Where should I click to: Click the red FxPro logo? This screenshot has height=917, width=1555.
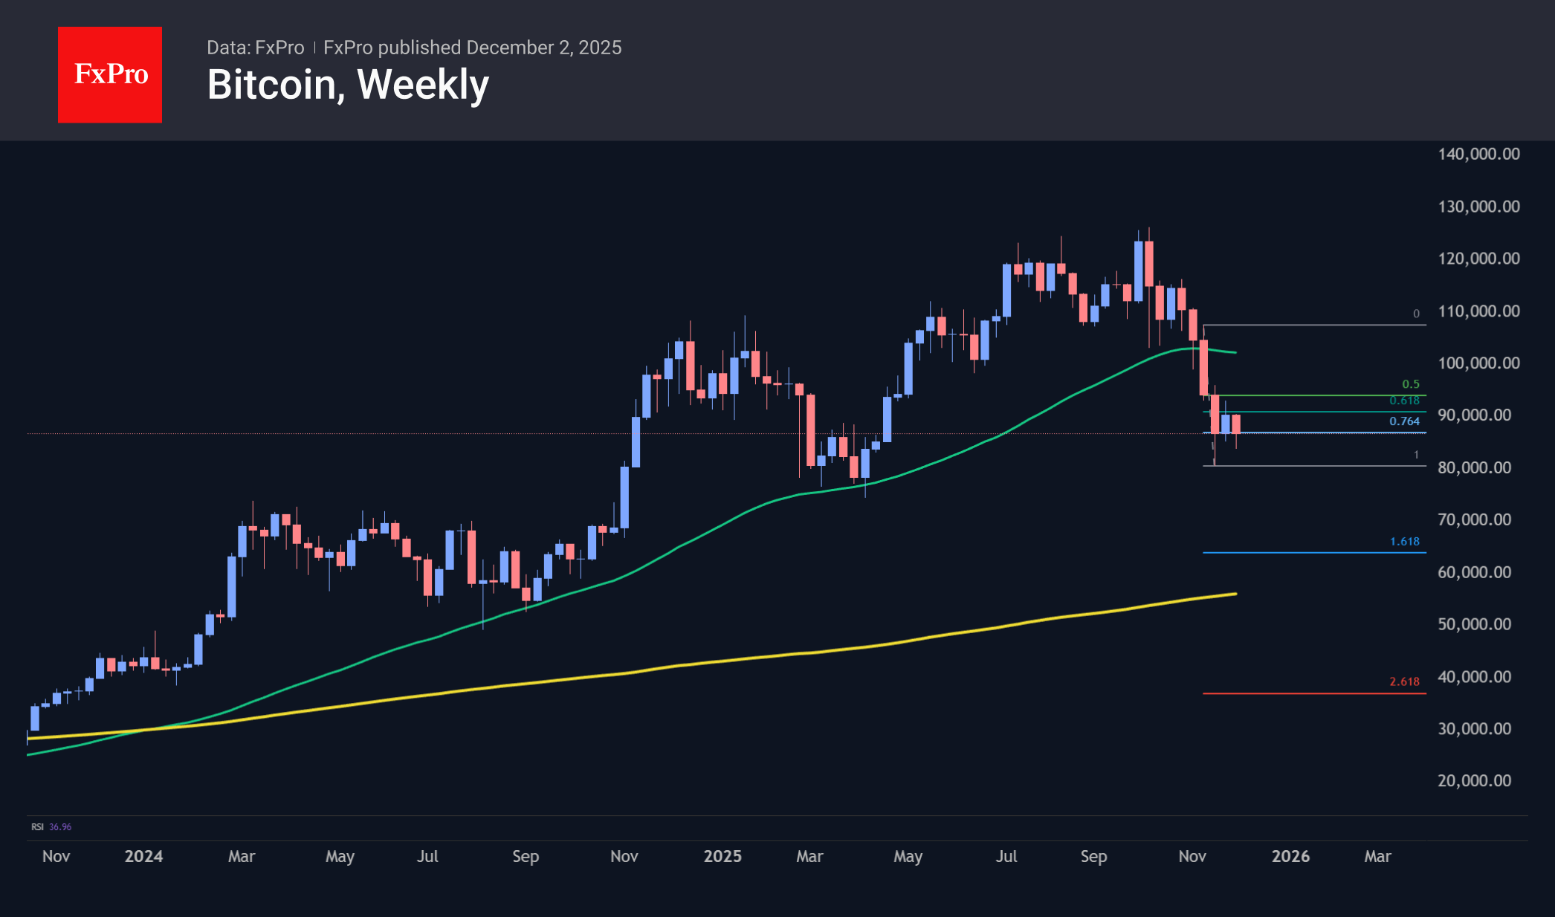click(x=110, y=74)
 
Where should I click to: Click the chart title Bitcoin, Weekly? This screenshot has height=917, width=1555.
click(x=348, y=85)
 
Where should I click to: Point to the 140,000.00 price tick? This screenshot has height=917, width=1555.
click(x=1478, y=154)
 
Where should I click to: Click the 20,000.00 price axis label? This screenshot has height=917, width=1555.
click(x=1474, y=780)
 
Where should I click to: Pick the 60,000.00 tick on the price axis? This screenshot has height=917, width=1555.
click(x=1474, y=571)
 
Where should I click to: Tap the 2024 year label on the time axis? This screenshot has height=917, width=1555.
click(x=143, y=856)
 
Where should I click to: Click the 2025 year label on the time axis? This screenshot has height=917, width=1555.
click(x=722, y=856)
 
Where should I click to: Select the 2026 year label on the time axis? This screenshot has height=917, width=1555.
click(x=1290, y=856)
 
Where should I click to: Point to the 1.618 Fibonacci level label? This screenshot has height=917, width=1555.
click(x=1404, y=542)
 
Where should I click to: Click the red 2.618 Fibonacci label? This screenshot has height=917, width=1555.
click(x=1404, y=681)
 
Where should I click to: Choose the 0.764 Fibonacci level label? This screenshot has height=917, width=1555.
click(x=1404, y=421)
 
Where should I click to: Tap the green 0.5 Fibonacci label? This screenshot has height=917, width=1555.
click(x=1410, y=384)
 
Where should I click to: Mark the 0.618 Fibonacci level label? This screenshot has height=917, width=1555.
click(x=1404, y=401)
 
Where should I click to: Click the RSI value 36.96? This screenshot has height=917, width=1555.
click(x=60, y=827)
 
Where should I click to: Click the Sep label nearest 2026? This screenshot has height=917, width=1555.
click(x=1093, y=856)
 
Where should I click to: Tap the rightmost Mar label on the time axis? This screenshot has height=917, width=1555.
click(x=1377, y=856)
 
